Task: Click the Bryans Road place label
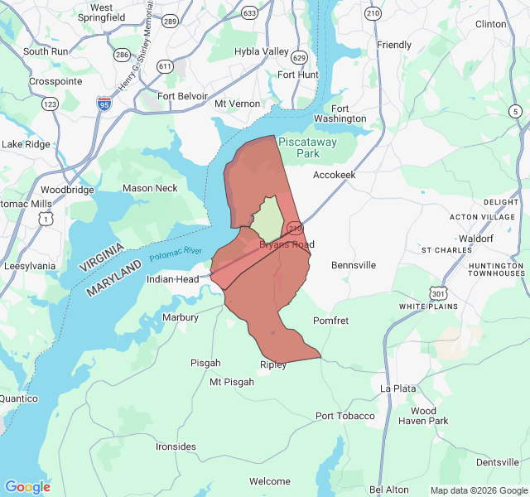click(x=287, y=244)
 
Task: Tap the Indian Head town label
click(x=172, y=279)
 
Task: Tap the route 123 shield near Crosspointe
click(x=50, y=104)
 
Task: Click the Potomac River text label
click(x=176, y=255)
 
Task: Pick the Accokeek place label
click(x=334, y=175)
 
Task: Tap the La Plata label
click(x=397, y=388)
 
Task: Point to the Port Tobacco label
click(x=344, y=416)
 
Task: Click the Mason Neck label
click(x=150, y=188)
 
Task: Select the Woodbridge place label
click(x=67, y=190)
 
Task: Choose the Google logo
click(x=27, y=487)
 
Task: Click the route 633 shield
click(x=249, y=13)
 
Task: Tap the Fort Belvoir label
click(x=182, y=96)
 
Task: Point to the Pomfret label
click(x=330, y=321)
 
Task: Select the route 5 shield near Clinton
click(x=515, y=111)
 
